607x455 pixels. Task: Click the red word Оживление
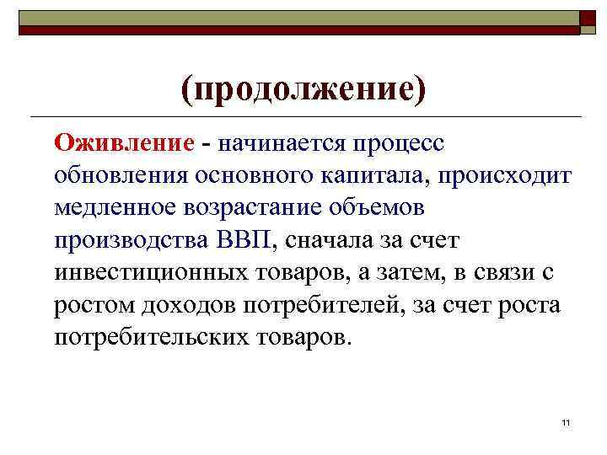point(123,142)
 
